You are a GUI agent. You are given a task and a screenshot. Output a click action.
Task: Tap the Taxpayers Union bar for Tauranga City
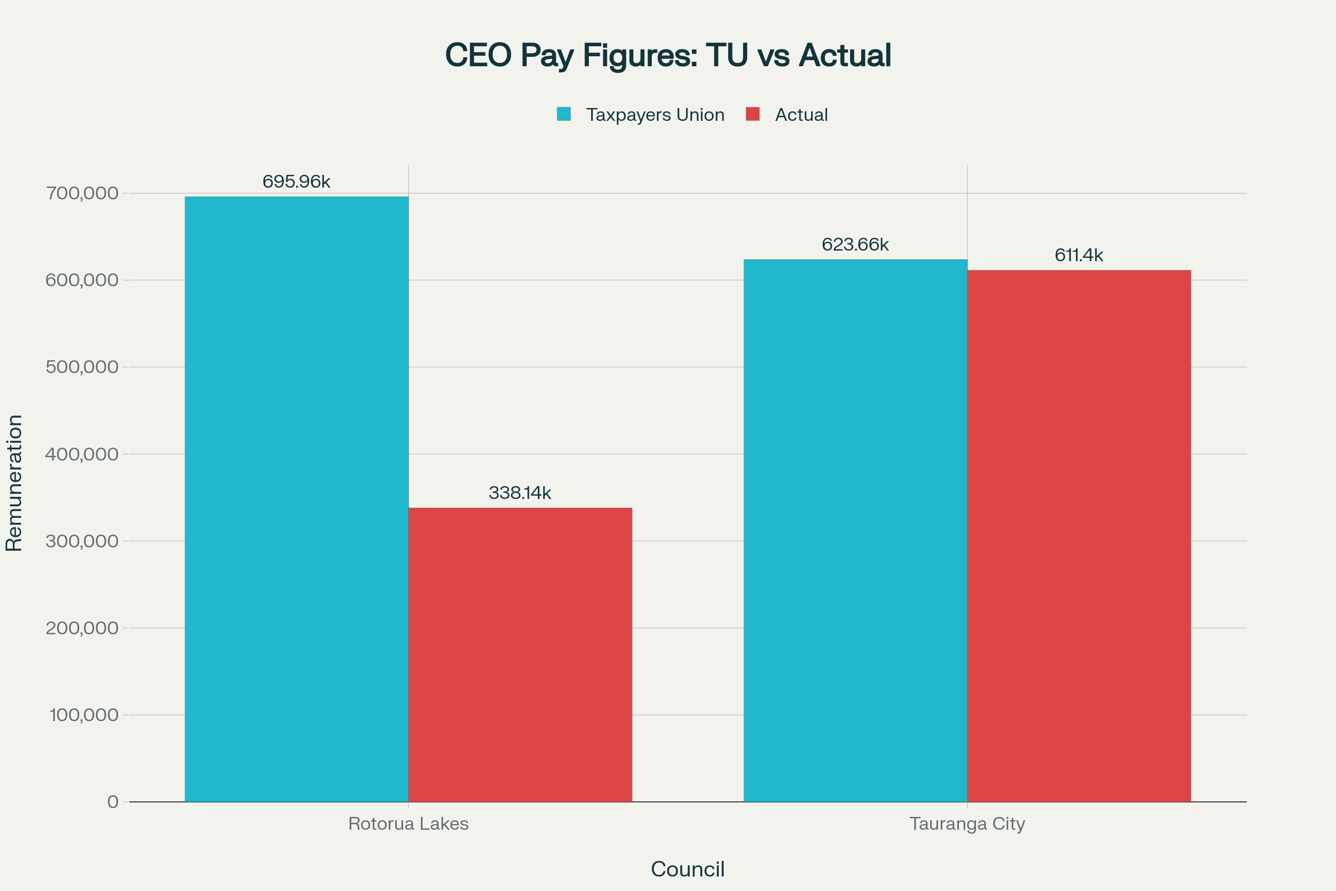855,531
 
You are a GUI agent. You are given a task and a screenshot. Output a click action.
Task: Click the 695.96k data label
297,182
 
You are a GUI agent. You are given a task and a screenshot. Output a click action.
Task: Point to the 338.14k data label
520,493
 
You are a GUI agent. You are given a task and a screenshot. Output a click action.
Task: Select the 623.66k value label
855,244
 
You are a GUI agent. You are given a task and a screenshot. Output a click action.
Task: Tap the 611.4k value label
1079,255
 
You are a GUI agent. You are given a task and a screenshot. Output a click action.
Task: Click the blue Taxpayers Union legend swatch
563,114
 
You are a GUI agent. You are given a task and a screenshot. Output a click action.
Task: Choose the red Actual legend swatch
753,114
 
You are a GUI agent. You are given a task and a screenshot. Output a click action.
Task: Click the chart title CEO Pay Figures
668,55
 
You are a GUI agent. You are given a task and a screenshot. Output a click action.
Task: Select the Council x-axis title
687,869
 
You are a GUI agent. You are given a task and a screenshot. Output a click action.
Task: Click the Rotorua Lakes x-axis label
409,824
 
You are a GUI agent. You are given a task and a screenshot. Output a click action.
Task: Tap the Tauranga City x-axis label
967,824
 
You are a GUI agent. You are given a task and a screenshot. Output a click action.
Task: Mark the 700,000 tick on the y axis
82,193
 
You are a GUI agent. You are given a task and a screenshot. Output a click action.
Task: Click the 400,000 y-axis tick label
82,454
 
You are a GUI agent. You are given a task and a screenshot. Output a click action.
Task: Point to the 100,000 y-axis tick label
84,715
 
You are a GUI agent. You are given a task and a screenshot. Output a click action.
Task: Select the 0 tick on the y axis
113,802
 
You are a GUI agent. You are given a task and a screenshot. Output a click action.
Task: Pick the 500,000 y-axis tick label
82,367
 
